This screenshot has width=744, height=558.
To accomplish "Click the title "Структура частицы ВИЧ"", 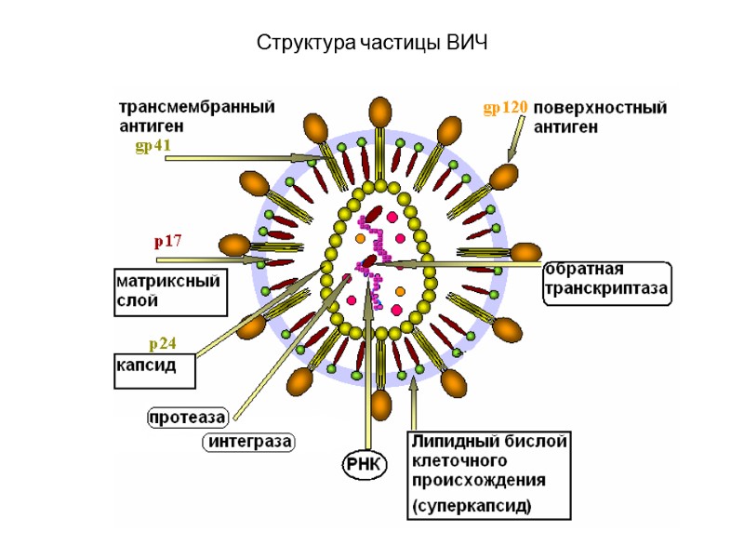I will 372,44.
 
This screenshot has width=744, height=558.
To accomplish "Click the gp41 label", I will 153,146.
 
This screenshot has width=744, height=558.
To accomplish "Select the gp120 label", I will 505,108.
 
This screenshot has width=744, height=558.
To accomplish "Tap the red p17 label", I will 167,241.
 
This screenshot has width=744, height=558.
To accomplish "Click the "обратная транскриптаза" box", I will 605,280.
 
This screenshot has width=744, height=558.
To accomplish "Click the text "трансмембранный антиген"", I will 195,115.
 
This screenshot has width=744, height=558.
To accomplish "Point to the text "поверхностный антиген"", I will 601,116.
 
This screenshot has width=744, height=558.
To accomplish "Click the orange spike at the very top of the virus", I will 380,112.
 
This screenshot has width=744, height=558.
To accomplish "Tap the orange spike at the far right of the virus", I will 525,252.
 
